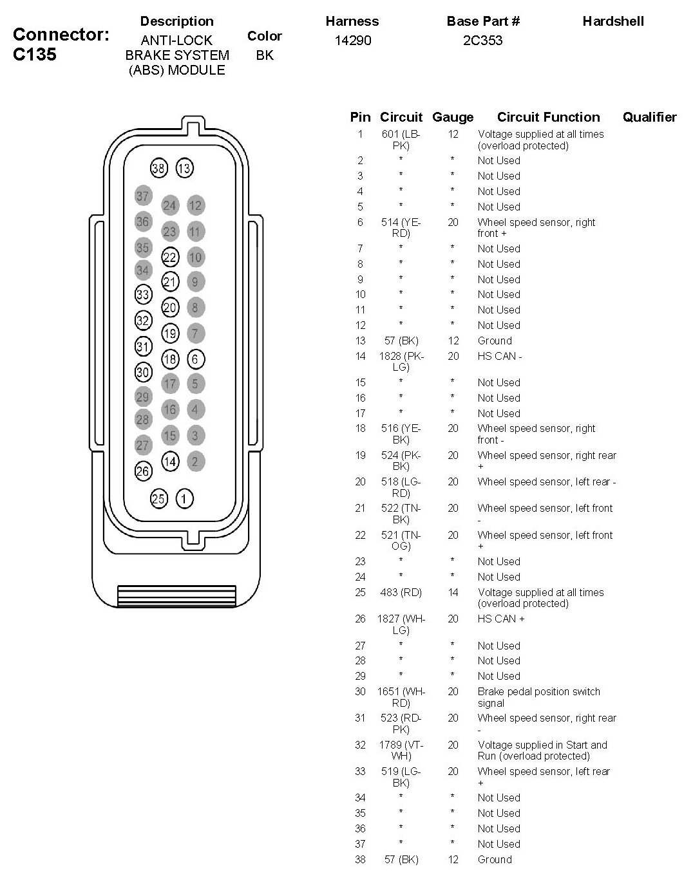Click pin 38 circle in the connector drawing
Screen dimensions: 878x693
click(158, 169)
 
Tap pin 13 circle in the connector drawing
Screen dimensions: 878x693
click(184, 169)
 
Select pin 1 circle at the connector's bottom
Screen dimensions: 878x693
click(184, 498)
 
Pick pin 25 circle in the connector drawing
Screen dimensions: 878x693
click(158, 498)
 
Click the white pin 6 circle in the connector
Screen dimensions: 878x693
click(196, 359)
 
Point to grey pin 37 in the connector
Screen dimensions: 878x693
click(143, 196)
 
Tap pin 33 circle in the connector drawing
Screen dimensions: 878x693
click(143, 295)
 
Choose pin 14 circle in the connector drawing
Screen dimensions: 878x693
click(170, 462)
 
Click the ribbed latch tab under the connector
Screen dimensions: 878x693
click(176, 595)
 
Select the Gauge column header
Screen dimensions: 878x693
click(453, 117)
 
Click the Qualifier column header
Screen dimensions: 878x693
click(649, 117)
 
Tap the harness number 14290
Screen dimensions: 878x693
click(353, 41)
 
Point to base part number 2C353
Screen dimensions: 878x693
click(482, 41)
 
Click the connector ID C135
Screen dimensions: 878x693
click(35, 54)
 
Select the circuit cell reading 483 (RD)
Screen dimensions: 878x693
click(401, 592)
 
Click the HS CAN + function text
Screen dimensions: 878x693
click(501, 619)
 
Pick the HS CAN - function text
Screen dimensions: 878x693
click(500, 356)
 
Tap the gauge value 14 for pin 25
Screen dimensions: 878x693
click(453, 592)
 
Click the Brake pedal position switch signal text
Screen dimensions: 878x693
click(538, 697)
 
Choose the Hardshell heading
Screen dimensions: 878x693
click(613, 21)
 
